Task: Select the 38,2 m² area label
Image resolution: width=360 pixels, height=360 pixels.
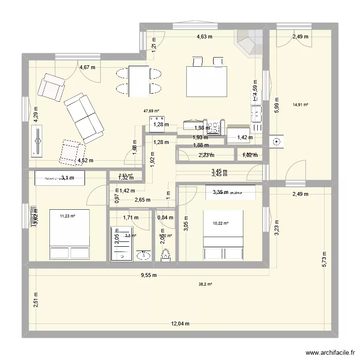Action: coord(205,284)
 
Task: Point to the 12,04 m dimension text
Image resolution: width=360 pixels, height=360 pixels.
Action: coord(180,324)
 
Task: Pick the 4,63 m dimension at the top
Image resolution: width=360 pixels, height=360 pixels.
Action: coord(204,36)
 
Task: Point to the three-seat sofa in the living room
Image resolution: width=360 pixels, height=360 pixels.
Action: coord(84,118)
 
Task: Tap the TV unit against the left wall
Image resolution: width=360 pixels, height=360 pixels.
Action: coord(36,141)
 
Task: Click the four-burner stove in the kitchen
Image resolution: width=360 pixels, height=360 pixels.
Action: coord(213,126)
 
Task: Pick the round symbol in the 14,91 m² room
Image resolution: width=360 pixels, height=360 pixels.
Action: coord(277,142)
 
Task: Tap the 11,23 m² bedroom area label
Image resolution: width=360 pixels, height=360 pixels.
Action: coord(68,216)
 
